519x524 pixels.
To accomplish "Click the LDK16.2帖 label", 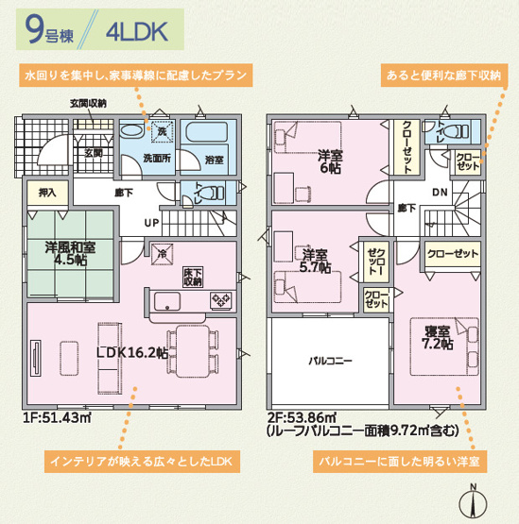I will coord(132,353).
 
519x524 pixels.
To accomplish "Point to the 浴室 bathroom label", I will coord(215,161).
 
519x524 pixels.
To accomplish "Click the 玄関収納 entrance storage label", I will coord(88,103).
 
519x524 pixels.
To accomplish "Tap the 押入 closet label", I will coord(47,193).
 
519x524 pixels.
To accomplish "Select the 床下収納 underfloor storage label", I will coord(193,276).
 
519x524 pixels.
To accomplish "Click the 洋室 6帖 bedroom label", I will coord(330,161).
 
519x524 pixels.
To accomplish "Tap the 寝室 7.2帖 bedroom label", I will coord(438,337).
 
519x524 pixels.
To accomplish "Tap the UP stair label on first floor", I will coord(151,223).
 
